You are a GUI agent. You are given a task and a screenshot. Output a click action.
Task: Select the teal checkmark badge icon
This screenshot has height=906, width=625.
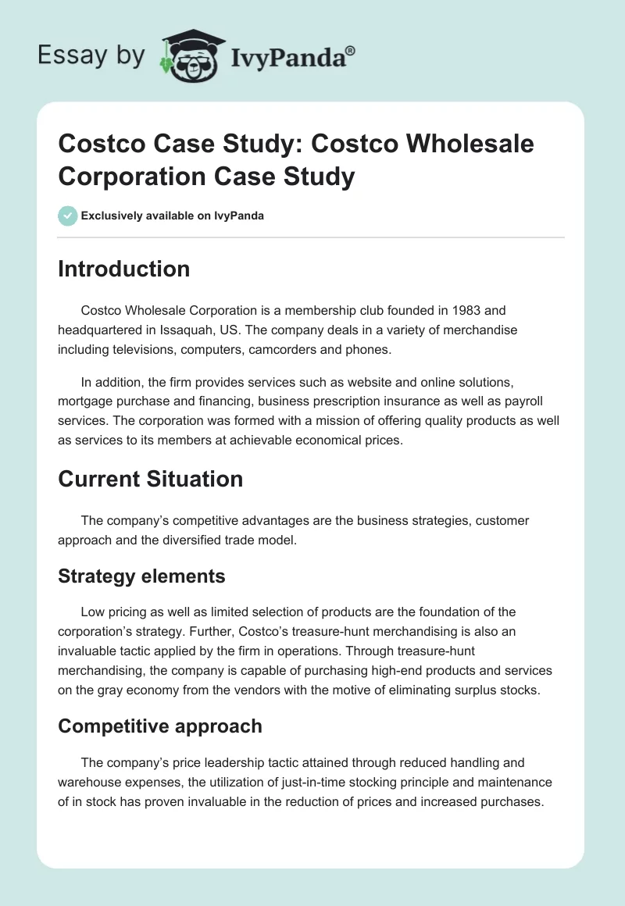pos(67,216)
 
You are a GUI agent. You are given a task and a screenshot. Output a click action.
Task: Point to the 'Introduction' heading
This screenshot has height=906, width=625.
pos(123,269)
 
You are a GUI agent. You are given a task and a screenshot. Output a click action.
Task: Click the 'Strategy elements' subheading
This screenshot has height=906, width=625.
pos(141,576)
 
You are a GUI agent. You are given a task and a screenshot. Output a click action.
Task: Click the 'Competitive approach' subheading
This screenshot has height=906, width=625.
pos(159,726)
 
